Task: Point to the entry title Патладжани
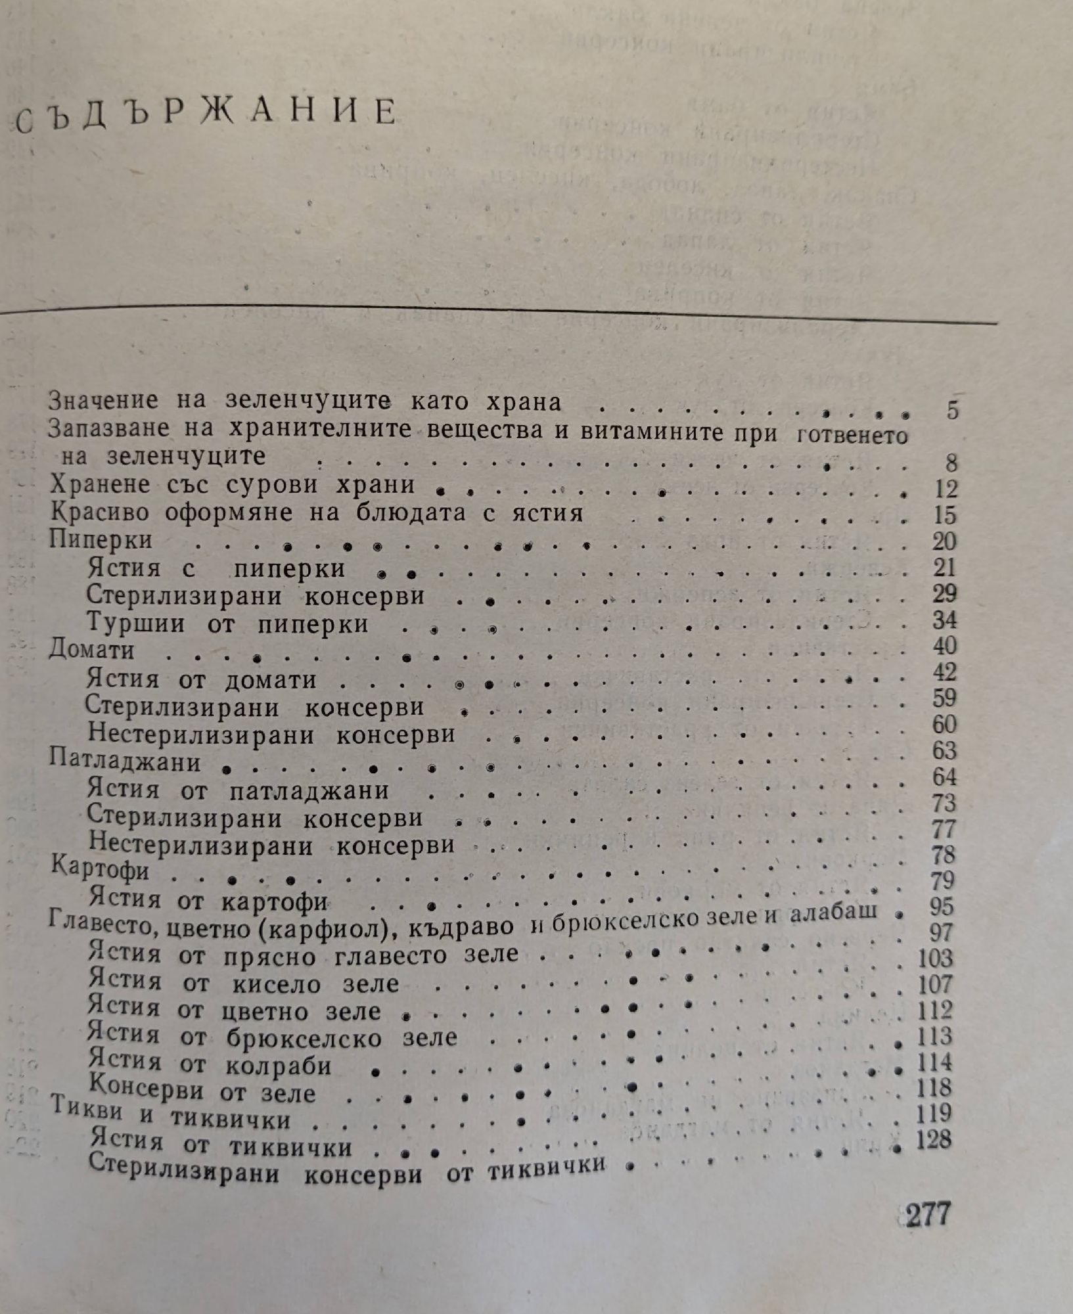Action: [x=125, y=762]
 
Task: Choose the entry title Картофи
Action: [x=100, y=871]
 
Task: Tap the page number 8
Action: [x=951, y=464]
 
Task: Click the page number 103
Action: [x=936, y=958]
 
